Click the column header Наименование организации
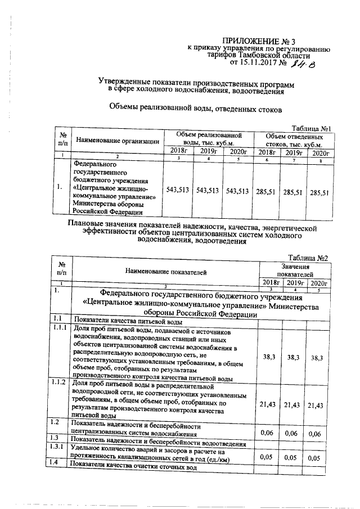(x=118, y=141)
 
